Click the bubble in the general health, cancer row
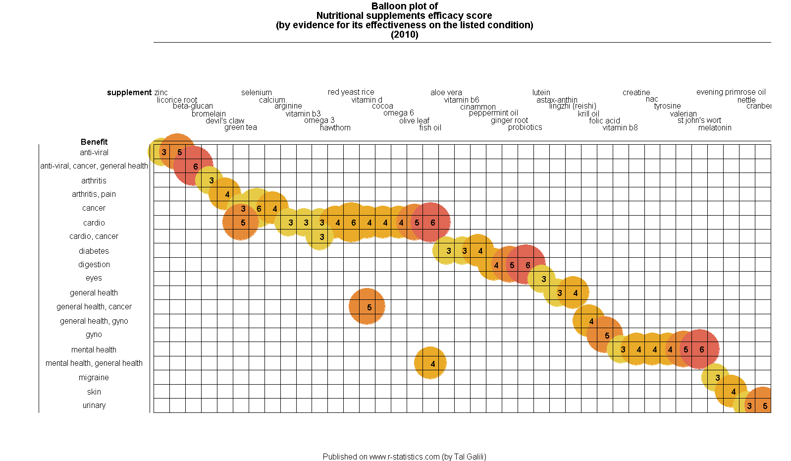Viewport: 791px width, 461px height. pos(367,307)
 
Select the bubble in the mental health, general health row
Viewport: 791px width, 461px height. pos(430,363)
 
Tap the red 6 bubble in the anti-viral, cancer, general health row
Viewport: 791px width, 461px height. pos(194,166)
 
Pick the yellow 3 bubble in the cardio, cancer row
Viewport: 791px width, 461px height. pos(320,236)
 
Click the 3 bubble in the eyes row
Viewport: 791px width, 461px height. pos(542,279)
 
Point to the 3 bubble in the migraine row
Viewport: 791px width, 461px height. pos(716,377)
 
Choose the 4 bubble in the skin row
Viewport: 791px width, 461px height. pos(732,391)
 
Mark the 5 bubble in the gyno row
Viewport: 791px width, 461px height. pos(605,335)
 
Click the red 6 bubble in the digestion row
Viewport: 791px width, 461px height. pos(526,265)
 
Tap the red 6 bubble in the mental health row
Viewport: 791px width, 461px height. pos(700,349)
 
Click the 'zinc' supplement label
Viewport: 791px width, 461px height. pos(161,93)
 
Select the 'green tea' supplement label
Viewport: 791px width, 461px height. pos(241,127)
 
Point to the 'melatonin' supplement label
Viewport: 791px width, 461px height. pos(715,128)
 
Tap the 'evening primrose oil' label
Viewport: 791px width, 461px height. pos(731,92)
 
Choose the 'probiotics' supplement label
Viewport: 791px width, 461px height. pos(525,127)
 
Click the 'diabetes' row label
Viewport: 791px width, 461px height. pos(94,251)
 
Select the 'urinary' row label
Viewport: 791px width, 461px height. pos(94,405)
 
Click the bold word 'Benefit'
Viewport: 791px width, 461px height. pos(94,142)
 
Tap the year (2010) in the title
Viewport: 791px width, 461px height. pos(405,35)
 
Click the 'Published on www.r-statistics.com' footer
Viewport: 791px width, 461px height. pos(404,457)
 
